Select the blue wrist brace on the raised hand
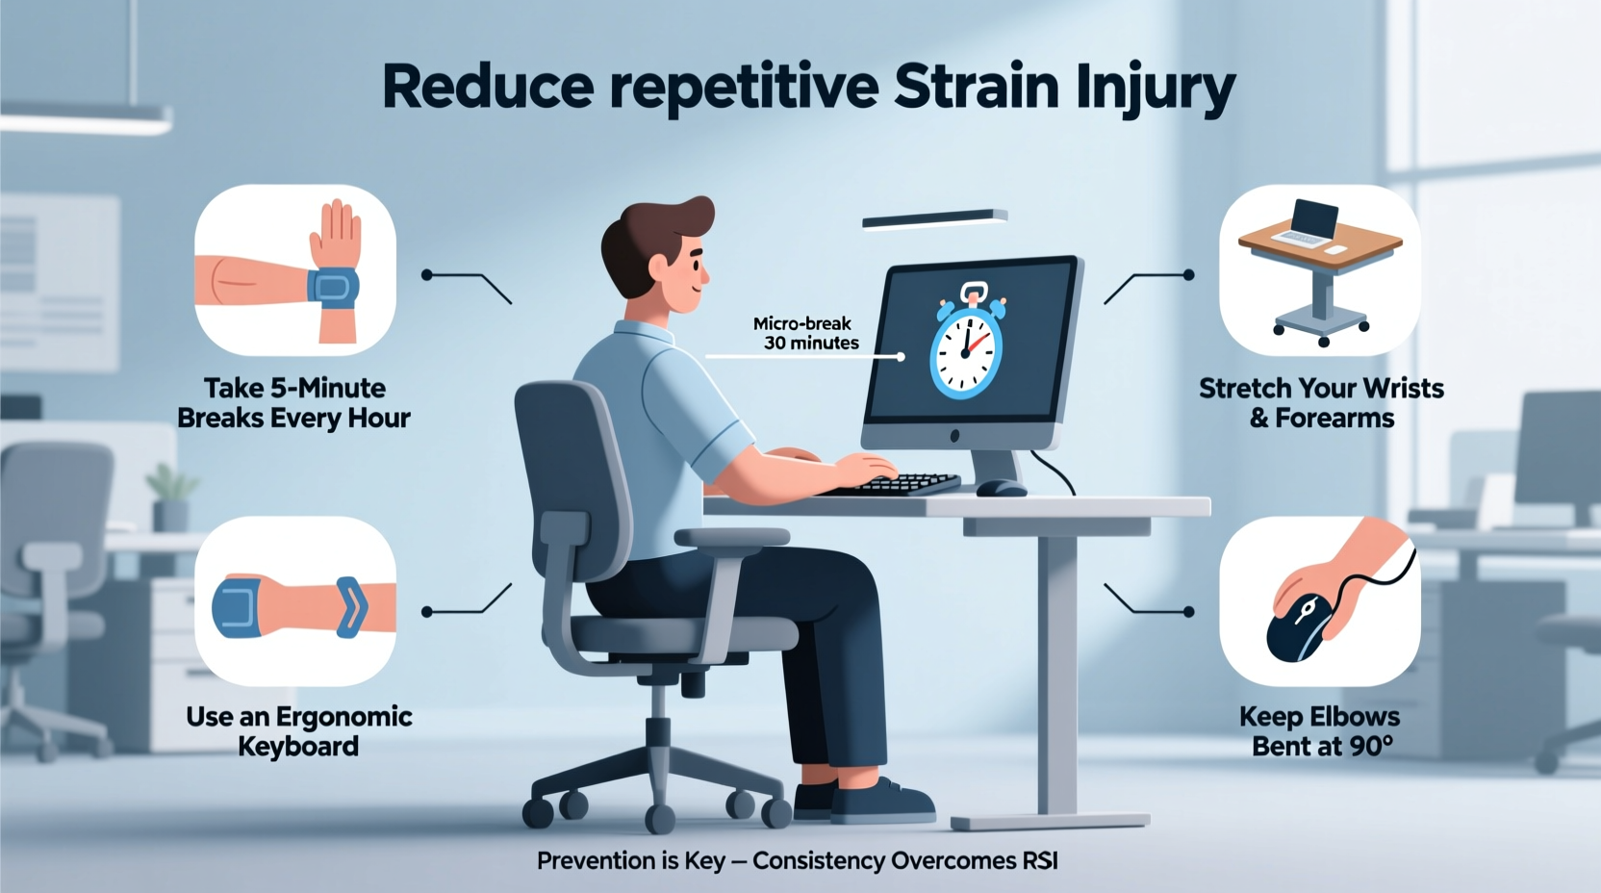pos(333,288)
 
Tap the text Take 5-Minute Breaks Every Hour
pos(294,403)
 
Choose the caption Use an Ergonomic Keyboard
pos(298,731)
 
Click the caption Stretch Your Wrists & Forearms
pos(1321,403)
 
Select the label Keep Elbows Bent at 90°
pos(1320,731)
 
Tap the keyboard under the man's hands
pos(904,483)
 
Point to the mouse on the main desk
pos(1001,488)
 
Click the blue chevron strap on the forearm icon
pos(351,606)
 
